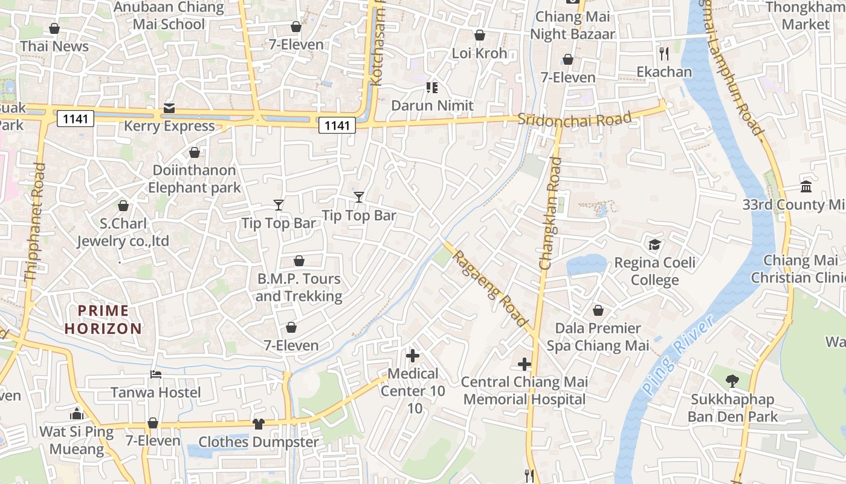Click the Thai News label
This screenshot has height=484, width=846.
pos(54,46)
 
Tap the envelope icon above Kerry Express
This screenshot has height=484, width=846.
pos(169,109)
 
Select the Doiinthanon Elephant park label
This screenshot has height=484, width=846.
pos(195,179)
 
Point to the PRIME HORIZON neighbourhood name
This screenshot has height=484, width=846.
pos(103,320)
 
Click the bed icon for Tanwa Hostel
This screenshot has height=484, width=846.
pos(155,374)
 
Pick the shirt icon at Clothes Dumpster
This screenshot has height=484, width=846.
pos(259,423)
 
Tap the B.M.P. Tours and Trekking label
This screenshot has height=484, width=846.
pos(299,287)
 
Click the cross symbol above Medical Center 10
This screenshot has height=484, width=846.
pos(413,356)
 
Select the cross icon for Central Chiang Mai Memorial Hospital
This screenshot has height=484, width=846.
pos(525,364)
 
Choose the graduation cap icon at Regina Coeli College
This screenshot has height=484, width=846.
pos(654,244)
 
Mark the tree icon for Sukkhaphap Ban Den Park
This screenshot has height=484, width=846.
pos(732,381)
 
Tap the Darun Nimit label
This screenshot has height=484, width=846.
pos(432,105)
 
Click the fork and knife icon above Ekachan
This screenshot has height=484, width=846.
pos(664,54)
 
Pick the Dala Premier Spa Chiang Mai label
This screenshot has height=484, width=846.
pos(598,337)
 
